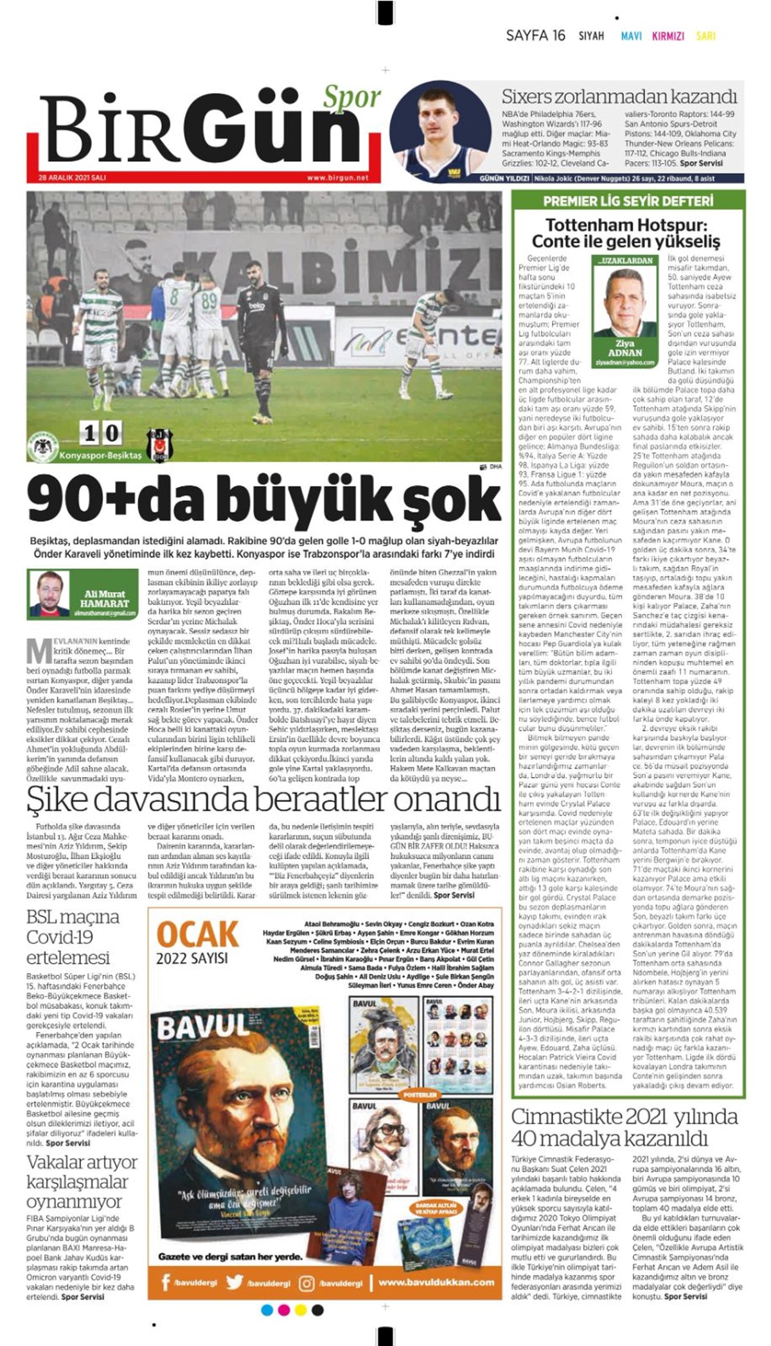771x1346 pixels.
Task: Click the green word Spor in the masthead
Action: [351, 98]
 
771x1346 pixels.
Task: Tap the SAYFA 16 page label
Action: [535, 36]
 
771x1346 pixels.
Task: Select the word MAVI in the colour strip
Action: [631, 37]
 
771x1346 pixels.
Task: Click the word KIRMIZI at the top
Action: [668, 37]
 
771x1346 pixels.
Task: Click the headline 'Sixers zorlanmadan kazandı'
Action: [619, 97]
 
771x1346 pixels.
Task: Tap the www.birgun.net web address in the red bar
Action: [337, 178]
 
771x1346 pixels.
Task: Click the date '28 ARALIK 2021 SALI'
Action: [73, 178]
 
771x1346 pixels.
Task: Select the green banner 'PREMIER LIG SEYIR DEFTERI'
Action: [628, 201]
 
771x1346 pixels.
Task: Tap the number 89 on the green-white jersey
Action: [209, 301]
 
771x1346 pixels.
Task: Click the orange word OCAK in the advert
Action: [197, 935]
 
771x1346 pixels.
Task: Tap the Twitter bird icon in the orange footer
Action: [235, 1283]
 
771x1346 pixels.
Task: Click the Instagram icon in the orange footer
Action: [307, 1283]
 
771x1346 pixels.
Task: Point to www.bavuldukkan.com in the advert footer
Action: [436, 1282]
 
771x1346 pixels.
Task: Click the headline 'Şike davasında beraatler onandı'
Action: [263, 800]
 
